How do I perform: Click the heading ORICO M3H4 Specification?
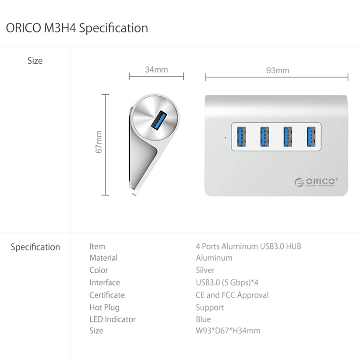point(77,28)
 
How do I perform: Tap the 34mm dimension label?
point(156,69)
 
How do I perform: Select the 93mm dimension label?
point(278,70)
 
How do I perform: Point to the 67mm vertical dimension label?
point(99,142)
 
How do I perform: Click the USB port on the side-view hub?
point(158,120)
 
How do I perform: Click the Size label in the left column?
point(35,61)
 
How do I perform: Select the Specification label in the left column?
point(35,247)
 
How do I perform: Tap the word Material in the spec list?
point(103,258)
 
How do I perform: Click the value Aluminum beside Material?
point(214,258)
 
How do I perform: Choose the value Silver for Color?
point(205,270)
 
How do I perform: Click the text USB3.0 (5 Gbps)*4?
point(230,282)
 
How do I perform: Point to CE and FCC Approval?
point(232,295)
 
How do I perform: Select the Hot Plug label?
point(104,307)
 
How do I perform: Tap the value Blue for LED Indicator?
point(203,319)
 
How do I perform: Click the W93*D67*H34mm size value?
point(228,331)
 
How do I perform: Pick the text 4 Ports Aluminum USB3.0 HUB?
point(248,246)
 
